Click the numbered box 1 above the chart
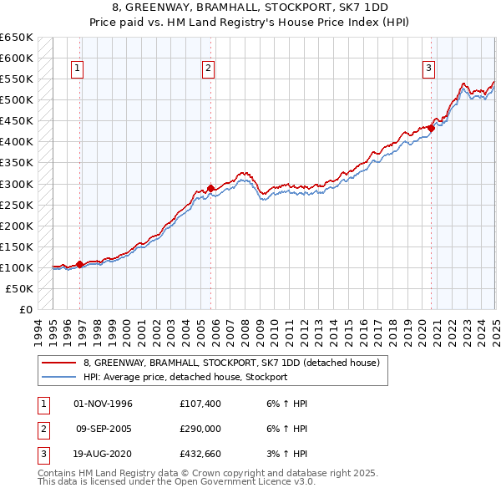pos(77,69)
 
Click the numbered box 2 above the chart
pos(208,69)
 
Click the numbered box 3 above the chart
pos(428,69)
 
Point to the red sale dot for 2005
pos(211,187)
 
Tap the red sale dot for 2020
pos(433,127)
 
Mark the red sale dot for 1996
pos(80,264)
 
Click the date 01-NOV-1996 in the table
pos(104,404)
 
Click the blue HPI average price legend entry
pos(185,377)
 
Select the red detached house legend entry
pos(231,363)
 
